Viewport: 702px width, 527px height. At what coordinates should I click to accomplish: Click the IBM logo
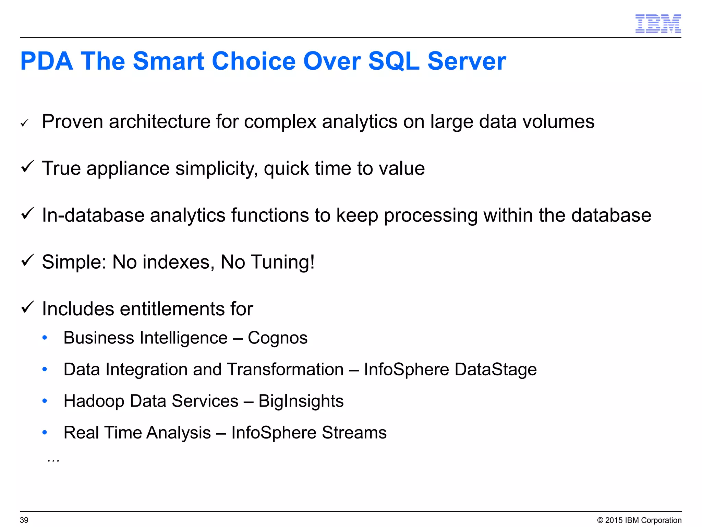(658, 24)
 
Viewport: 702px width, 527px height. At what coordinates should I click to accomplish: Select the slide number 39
(24, 520)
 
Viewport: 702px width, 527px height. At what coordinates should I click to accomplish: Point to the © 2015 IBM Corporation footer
(639, 520)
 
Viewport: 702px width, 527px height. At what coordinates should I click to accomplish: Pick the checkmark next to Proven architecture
(24, 123)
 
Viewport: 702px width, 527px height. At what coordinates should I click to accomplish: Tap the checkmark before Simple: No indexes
(27, 260)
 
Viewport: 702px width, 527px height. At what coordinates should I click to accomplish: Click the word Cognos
(278, 338)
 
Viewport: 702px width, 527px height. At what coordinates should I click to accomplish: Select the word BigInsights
(301, 401)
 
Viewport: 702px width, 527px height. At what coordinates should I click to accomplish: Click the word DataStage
(495, 370)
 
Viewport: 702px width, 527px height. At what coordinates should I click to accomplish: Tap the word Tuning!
(283, 262)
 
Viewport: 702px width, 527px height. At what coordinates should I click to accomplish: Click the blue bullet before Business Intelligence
(45, 338)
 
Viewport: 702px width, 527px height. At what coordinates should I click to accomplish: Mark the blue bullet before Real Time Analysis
(45, 432)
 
